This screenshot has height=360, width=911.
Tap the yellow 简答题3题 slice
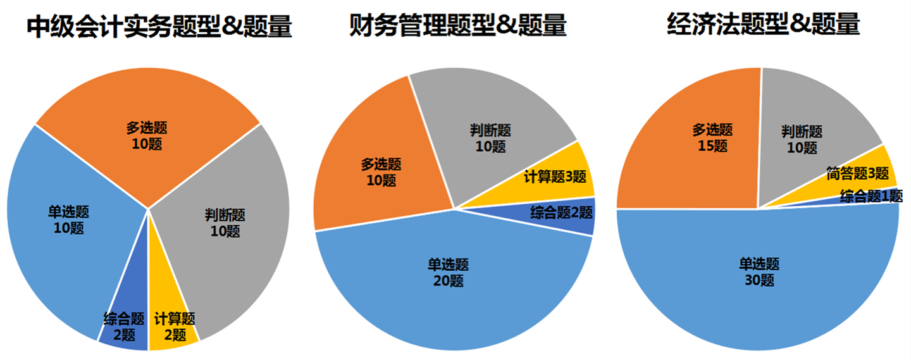[x=857, y=173]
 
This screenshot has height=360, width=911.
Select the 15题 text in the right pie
[x=713, y=146]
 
